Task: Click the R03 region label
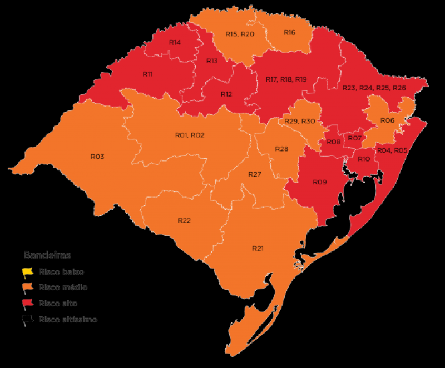pyautogui.click(x=97, y=157)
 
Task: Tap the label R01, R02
pyautogui.click(x=190, y=135)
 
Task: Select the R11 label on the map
pyautogui.click(x=147, y=74)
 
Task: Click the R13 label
pyautogui.click(x=212, y=61)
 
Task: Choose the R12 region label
pyautogui.click(x=226, y=94)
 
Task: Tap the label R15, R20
pyautogui.click(x=240, y=34)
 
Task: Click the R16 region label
pyautogui.click(x=289, y=32)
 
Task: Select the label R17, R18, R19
pyautogui.click(x=286, y=80)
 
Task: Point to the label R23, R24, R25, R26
pyautogui.click(x=374, y=88)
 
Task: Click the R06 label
pyautogui.click(x=387, y=120)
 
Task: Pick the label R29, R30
pyautogui.click(x=300, y=121)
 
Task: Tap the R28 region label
pyautogui.click(x=282, y=149)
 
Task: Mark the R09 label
pyautogui.click(x=319, y=182)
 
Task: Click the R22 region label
pyautogui.click(x=184, y=220)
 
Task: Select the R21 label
pyautogui.click(x=258, y=248)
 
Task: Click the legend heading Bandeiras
pyautogui.click(x=47, y=255)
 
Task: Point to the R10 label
pyautogui.click(x=364, y=159)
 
